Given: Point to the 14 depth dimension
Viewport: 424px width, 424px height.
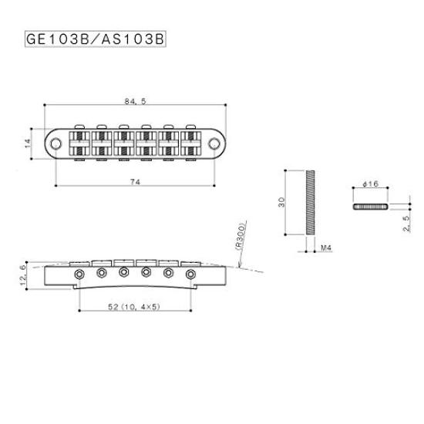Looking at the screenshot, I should tap(27, 142).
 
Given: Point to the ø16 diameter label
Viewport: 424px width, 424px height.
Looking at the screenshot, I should tap(368, 185).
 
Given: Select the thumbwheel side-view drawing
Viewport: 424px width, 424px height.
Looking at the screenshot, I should tap(368, 207).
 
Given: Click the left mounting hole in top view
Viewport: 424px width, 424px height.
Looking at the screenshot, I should tap(58, 143).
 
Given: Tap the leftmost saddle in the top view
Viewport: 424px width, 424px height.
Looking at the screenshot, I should tap(79, 143).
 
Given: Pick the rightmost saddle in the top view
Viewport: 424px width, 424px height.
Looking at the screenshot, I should tap(189, 143).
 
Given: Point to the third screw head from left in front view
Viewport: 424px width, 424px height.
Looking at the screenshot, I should tap(123, 272).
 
